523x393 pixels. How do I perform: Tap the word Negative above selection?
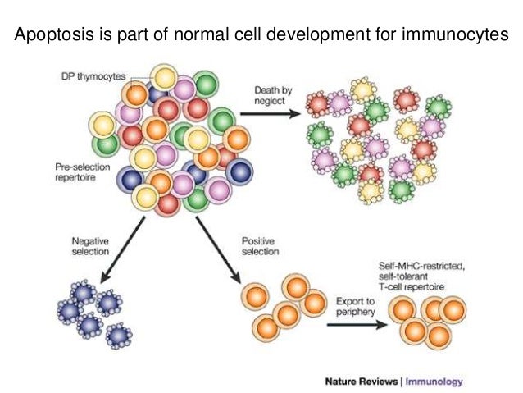point(90,241)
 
